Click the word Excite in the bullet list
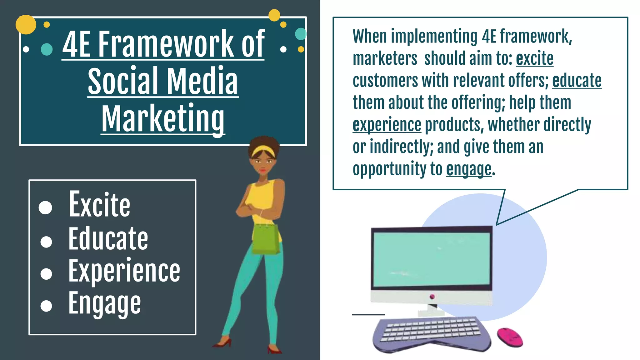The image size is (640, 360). tap(99, 205)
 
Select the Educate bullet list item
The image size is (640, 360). tap(108, 239)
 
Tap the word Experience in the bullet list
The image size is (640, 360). tap(124, 271)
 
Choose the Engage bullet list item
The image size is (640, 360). tap(105, 303)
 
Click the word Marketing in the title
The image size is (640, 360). tap(163, 119)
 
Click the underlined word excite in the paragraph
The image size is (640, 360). tap(534, 58)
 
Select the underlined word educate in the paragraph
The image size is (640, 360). tap(577, 81)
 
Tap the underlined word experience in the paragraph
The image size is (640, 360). tap(387, 125)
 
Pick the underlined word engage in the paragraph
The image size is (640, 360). tap(469, 169)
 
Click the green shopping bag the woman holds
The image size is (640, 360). tap(266, 239)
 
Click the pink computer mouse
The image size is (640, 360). tap(510, 337)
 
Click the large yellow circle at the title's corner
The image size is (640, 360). tap(26, 24)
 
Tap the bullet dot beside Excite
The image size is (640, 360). tap(46, 207)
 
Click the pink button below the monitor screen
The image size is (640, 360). tap(432, 296)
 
